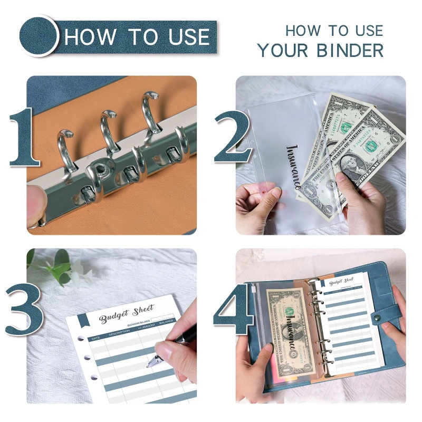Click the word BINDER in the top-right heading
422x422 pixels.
[x=350, y=51]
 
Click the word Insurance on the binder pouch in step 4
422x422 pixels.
[x=290, y=340]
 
